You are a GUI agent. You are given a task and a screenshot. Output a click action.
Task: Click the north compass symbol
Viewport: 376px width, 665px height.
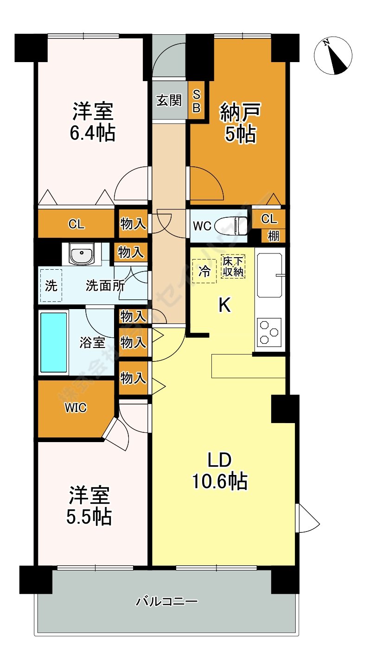click(x=333, y=55)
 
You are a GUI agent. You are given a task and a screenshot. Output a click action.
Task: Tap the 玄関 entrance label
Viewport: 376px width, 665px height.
click(x=169, y=101)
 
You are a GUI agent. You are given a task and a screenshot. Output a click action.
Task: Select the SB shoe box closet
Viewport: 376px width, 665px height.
click(x=196, y=101)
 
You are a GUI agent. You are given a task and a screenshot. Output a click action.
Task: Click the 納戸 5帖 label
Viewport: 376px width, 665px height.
click(x=240, y=122)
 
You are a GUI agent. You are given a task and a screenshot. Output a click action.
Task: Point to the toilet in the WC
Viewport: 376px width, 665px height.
click(x=232, y=226)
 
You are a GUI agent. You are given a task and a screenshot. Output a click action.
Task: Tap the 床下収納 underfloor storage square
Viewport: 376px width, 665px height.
click(x=233, y=266)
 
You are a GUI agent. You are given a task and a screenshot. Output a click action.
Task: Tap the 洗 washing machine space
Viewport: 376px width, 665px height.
click(x=51, y=286)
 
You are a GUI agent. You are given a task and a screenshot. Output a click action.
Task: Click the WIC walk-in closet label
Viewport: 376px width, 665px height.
click(x=75, y=408)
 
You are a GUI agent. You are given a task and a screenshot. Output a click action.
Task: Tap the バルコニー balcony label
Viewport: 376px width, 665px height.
click(x=167, y=602)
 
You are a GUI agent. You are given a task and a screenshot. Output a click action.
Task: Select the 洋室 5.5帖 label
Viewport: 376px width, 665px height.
click(x=90, y=506)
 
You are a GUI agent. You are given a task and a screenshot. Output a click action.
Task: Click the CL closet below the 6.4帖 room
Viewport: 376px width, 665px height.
click(x=76, y=225)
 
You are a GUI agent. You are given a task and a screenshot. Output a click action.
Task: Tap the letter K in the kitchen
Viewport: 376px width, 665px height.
click(x=225, y=305)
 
